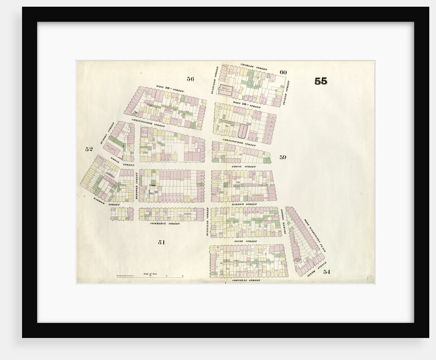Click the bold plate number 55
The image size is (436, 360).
coord(321,81)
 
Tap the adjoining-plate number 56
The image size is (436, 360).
coord(190,79)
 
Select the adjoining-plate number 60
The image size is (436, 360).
coord(283,72)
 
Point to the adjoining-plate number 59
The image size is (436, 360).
coord(283,157)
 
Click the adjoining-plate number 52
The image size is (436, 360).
coord(89,149)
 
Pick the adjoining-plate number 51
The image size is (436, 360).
coord(161,242)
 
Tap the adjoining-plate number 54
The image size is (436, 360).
coord(327,272)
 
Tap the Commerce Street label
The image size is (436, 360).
coord(165,224)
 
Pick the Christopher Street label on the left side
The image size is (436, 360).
coord(148,122)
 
